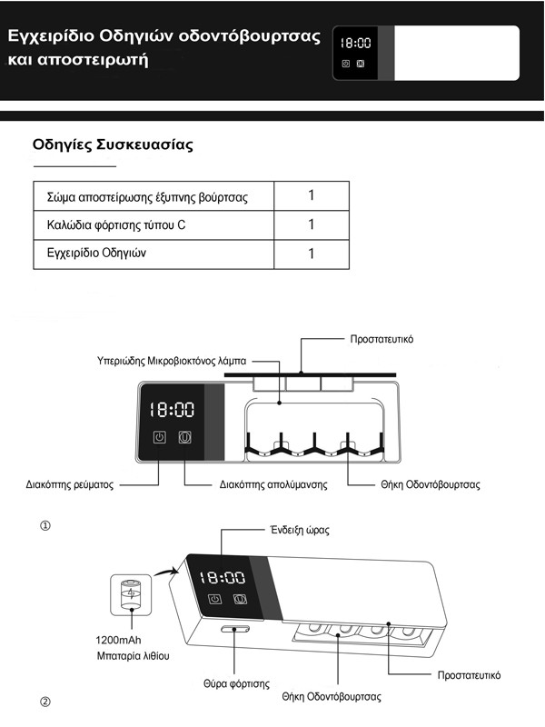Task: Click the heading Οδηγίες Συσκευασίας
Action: click(112, 144)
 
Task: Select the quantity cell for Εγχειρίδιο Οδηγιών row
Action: click(311, 254)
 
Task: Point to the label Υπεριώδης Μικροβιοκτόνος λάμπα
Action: click(171, 360)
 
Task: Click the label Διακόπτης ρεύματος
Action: click(69, 485)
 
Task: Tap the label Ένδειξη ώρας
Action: click(297, 530)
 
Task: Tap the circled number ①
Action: click(45, 527)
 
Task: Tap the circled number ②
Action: click(45, 702)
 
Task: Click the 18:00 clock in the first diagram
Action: click(172, 410)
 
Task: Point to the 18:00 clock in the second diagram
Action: click(222, 576)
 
